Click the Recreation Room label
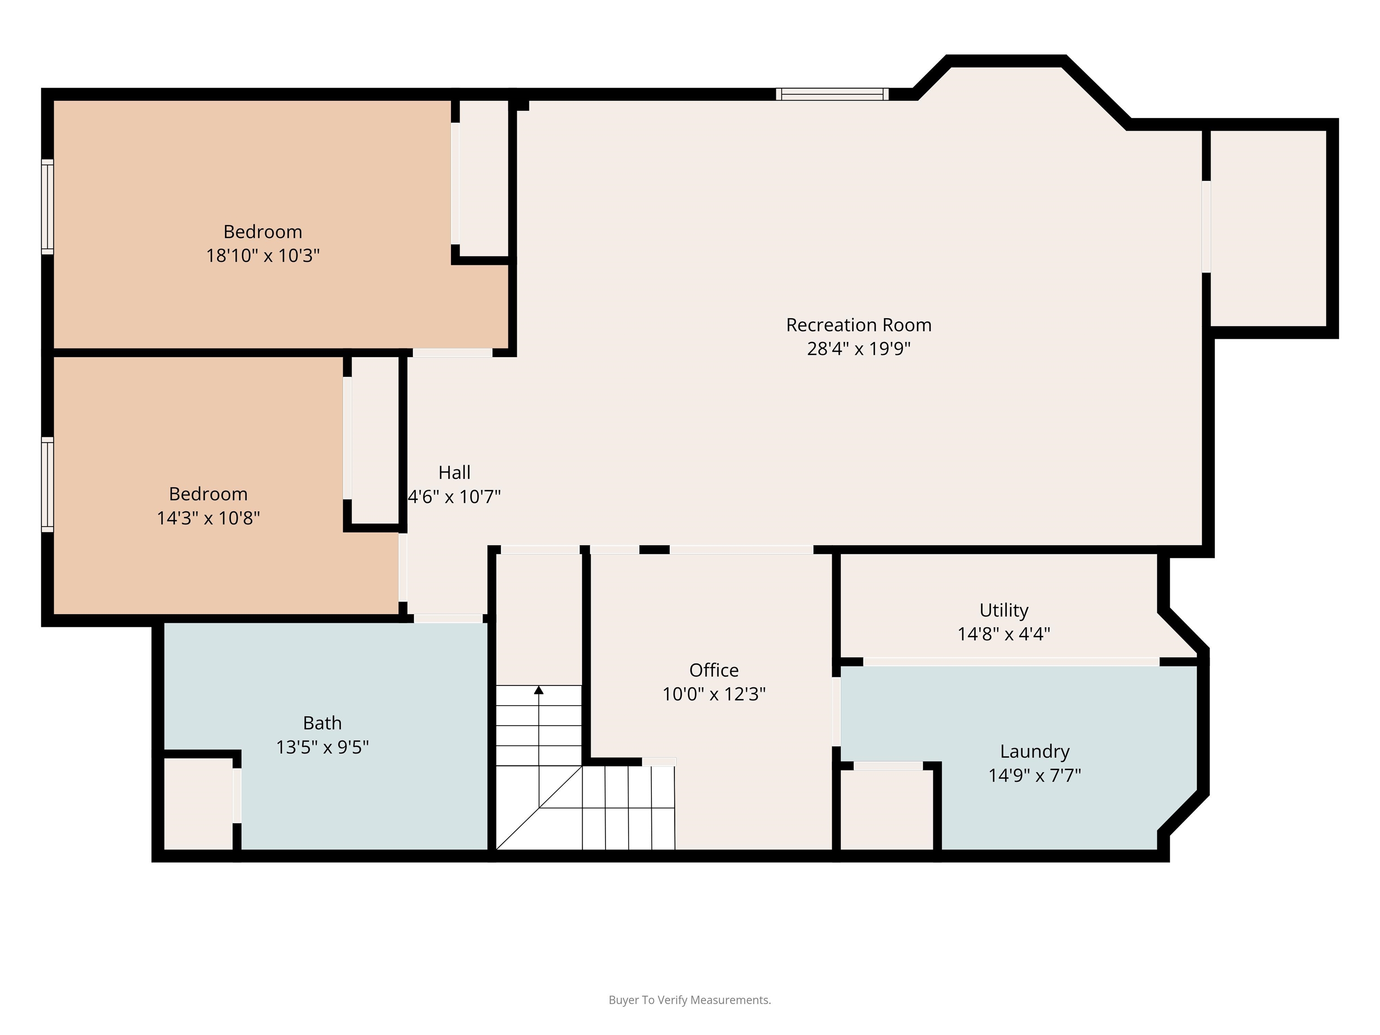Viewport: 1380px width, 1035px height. (858, 325)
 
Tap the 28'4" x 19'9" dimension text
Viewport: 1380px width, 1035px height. (858, 348)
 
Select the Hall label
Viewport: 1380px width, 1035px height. (454, 472)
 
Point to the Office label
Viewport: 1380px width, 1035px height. (714, 670)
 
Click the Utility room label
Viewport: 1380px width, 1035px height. (1004, 610)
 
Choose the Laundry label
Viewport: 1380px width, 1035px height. (1035, 751)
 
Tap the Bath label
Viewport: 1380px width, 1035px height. (323, 723)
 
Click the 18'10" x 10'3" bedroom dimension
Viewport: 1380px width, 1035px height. (263, 255)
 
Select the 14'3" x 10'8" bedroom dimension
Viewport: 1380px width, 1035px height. (208, 518)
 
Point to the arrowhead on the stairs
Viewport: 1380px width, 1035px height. (539, 690)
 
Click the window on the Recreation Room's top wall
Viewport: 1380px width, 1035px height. (832, 94)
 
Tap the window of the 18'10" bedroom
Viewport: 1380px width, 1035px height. (48, 207)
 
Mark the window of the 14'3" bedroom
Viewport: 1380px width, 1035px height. (48, 485)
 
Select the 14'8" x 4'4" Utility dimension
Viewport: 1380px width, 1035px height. (1004, 634)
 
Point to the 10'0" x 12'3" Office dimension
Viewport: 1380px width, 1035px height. (714, 694)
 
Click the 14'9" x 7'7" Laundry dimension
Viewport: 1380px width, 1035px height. (1035, 775)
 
